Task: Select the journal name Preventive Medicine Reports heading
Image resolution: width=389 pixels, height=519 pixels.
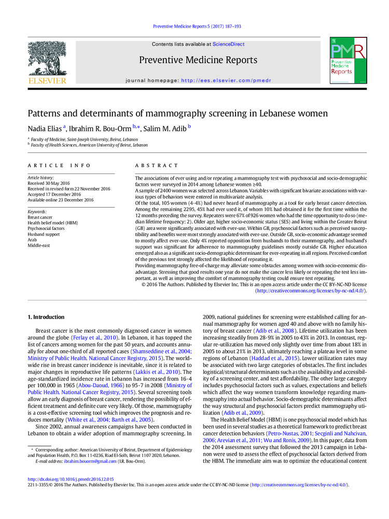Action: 198,60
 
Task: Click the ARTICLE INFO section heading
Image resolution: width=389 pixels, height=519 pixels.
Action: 59,166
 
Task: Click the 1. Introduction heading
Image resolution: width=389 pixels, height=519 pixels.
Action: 46,317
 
